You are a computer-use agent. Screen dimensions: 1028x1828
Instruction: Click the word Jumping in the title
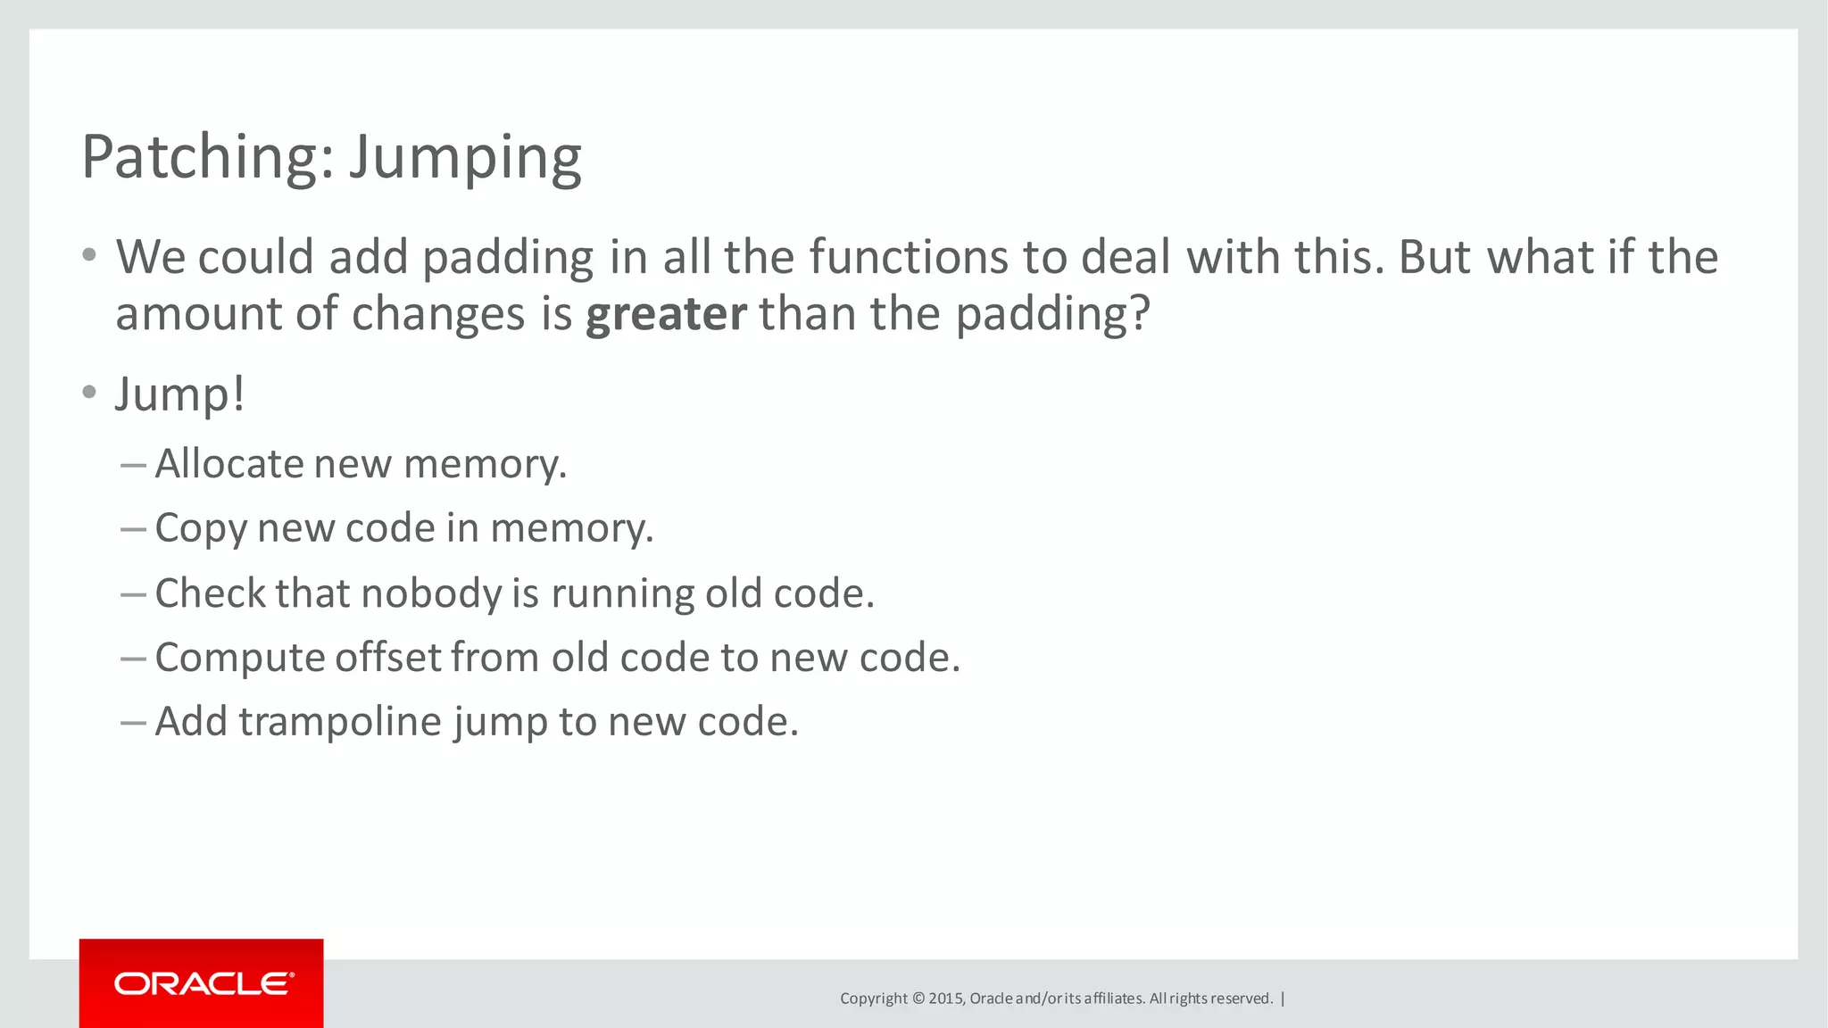click(x=465, y=159)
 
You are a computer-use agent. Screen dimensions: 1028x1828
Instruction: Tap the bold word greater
click(x=665, y=314)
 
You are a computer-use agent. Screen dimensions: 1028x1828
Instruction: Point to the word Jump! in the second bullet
click(x=179, y=394)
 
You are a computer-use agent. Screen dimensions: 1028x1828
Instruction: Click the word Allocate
click(x=229, y=464)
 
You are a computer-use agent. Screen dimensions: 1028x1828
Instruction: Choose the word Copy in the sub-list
click(x=200, y=528)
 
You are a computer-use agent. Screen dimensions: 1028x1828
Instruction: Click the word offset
click(x=388, y=658)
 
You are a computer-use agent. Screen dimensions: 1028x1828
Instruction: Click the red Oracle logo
click(x=202, y=983)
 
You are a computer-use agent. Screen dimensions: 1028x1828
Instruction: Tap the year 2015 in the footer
click(x=945, y=999)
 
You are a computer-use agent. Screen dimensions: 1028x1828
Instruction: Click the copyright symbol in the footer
click(x=918, y=999)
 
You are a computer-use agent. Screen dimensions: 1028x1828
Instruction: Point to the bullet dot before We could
click(x=88, y=256)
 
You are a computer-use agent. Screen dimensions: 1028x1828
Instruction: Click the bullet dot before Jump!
click(x=88, y=393)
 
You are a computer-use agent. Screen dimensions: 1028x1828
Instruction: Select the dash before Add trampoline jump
click(x=133, y=722)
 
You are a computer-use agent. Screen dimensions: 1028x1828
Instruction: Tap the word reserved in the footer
click(x=1242, y=999)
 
